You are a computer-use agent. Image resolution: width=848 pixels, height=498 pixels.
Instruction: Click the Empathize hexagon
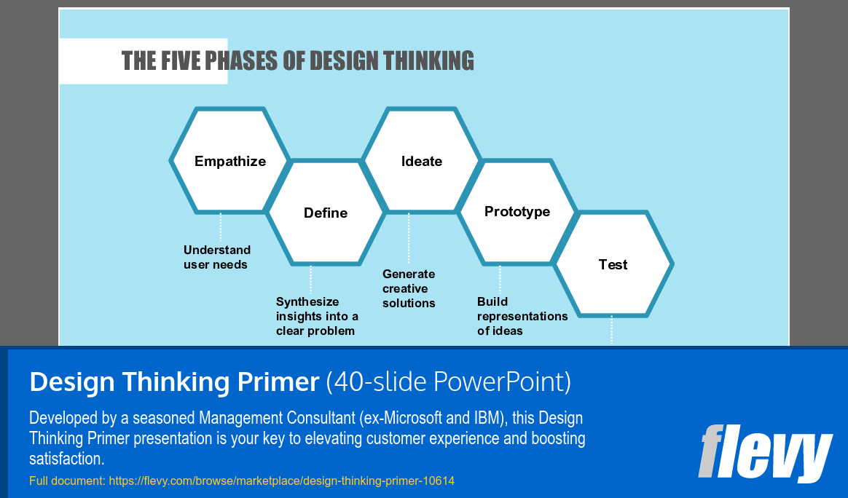[230, 161]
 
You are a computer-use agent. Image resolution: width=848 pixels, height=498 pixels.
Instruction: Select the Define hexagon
[326, 213]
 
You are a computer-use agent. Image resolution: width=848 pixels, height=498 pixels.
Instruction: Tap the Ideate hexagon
[422, 161]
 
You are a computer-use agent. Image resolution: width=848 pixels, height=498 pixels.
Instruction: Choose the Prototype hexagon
[517, 212]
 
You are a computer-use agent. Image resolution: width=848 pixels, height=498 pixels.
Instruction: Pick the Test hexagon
[613, 264]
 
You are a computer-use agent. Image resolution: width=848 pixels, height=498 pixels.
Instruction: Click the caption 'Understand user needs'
[216, 257]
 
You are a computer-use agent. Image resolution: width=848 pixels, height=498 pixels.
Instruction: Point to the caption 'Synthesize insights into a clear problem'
[317, 316]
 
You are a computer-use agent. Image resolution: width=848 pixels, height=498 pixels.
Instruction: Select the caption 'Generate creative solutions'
[409, 288]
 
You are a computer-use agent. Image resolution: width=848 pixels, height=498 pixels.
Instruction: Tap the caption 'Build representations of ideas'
[522, 316]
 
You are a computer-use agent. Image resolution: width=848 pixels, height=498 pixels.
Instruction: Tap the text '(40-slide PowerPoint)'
[448, 382]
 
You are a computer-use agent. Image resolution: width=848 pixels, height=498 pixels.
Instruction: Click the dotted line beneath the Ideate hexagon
[409, 238]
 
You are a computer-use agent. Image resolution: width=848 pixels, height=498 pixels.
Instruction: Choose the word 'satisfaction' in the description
[66, 459]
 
